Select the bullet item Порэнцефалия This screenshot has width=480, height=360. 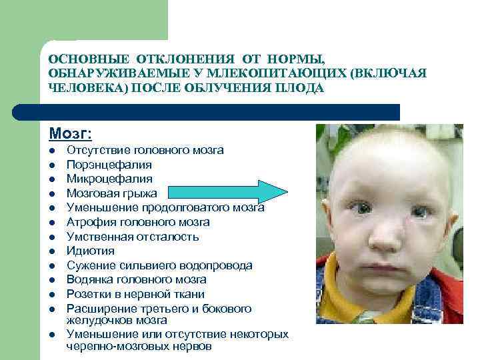[109, 165]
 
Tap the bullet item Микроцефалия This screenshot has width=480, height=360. [109, 179]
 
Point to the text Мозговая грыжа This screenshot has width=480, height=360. [112, 193]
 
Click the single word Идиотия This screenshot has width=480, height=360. [90, 251]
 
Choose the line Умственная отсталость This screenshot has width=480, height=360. [133, 237]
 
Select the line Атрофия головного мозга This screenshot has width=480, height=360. [138, 222]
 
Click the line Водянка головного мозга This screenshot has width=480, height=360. [136, 280]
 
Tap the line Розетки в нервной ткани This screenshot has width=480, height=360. [135, 294]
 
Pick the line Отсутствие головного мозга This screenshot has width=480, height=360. [145, 150]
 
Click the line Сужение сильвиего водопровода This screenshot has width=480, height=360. [159, 265]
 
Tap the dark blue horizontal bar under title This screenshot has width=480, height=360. [220, 111]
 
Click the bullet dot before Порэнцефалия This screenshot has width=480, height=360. [51, 165]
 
